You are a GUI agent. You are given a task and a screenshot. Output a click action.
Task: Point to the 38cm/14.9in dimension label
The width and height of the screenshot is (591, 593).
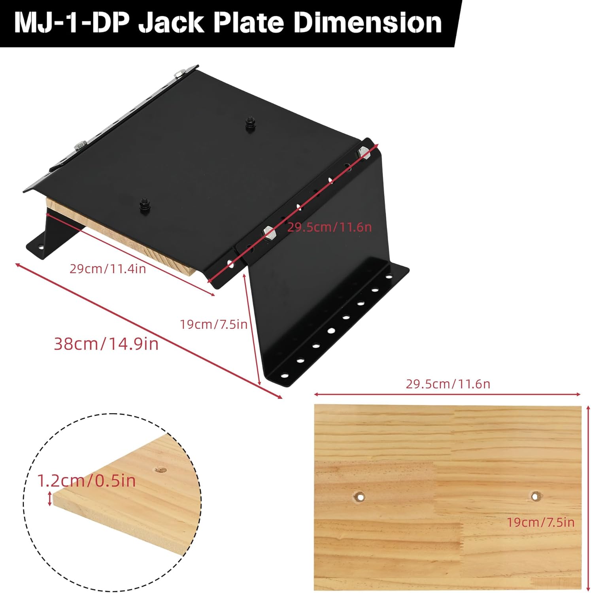(106, 344)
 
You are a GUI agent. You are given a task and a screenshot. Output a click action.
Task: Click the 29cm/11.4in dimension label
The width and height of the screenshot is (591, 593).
(108, 269)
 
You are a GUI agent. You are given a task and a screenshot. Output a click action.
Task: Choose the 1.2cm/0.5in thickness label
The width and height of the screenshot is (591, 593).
(86, 481)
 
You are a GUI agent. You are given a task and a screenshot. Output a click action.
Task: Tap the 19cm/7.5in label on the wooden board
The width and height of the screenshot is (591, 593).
(540, 522)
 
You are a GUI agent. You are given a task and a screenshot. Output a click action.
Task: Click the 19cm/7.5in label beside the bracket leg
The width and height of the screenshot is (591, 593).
(213, 325)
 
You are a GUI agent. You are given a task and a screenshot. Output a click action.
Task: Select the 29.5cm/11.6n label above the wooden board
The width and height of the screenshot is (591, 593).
(447, 384)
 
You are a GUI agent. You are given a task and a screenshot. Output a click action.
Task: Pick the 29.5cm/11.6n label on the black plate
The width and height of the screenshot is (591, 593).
(329, 227)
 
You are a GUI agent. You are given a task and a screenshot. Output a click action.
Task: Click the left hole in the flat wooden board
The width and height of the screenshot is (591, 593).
(359, 496)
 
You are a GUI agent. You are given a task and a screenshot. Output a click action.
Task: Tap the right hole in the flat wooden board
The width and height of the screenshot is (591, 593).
(535, 495)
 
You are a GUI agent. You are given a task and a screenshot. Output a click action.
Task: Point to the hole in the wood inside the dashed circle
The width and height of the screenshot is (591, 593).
(160, 470)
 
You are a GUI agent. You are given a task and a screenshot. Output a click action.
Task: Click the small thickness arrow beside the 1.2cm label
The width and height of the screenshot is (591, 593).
(49, 499)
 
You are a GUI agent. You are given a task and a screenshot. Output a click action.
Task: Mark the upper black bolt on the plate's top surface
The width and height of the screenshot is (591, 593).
(249, 122)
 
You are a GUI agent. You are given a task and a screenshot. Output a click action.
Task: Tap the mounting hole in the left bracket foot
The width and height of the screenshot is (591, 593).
(40, 248)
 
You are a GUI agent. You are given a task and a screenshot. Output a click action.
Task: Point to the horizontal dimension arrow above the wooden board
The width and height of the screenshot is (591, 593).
(447, 394)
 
